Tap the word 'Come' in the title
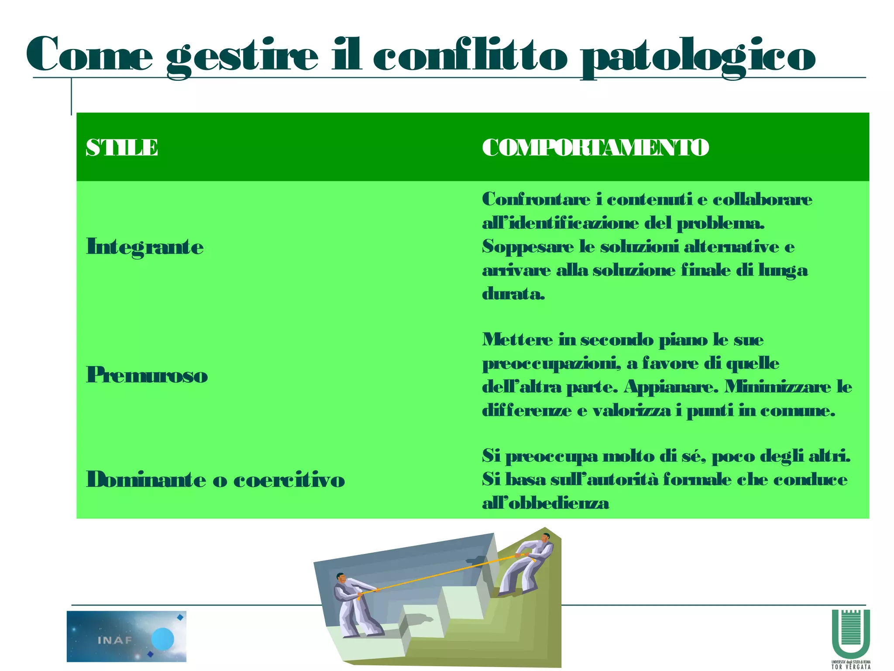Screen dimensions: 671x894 click(x=89, y=55)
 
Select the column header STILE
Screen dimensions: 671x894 click(x=122, y=148)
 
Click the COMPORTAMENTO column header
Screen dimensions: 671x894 click(x=595, y=148)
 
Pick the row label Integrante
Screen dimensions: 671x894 click(x=145, y=247)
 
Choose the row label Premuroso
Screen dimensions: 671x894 click(x=147, y=375)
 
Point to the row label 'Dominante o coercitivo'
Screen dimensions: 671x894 click(x=216, y=480)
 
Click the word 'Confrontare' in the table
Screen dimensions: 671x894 click(x=536, y=199)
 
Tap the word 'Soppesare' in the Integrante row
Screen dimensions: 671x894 click(x=528, y=247)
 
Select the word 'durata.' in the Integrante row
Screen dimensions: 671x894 click(x=513, y=294)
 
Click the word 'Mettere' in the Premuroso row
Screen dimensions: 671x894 click(x=517, y=339)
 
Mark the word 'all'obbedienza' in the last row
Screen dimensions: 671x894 click(x=545, y=503)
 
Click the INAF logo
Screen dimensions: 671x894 click(x=126, y=636)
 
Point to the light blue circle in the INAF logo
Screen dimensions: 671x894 click(x=163, y=639)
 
